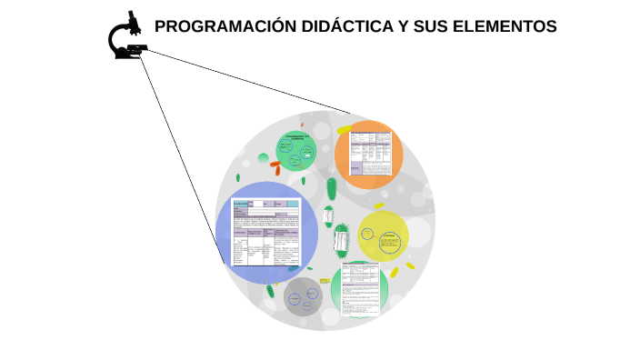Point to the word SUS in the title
pos(432,26)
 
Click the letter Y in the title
pos(403,26)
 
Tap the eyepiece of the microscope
pos(133,17)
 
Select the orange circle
pos(368,155)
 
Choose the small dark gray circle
pos(303,297)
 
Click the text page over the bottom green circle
pos(360,289)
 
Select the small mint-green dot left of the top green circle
pos(263,159)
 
